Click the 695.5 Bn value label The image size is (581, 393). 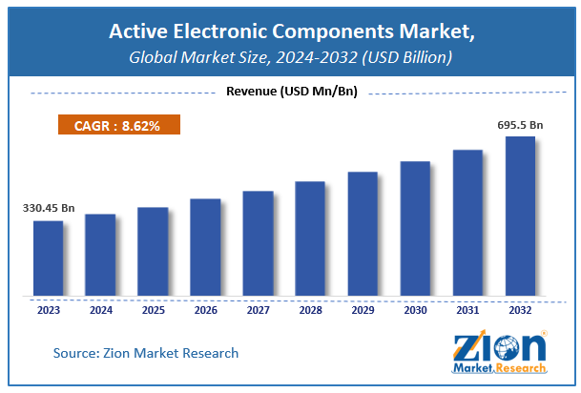coord(520,126)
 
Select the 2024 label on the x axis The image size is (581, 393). coord(100,309)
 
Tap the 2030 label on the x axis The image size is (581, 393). coord(415,309)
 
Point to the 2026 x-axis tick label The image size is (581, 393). coord(205,309)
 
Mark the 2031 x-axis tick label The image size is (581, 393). coord(467,309)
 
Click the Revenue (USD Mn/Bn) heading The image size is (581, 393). coord(290,92)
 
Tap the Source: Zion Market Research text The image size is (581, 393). coord(145,353)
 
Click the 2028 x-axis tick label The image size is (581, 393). coord(310,309)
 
